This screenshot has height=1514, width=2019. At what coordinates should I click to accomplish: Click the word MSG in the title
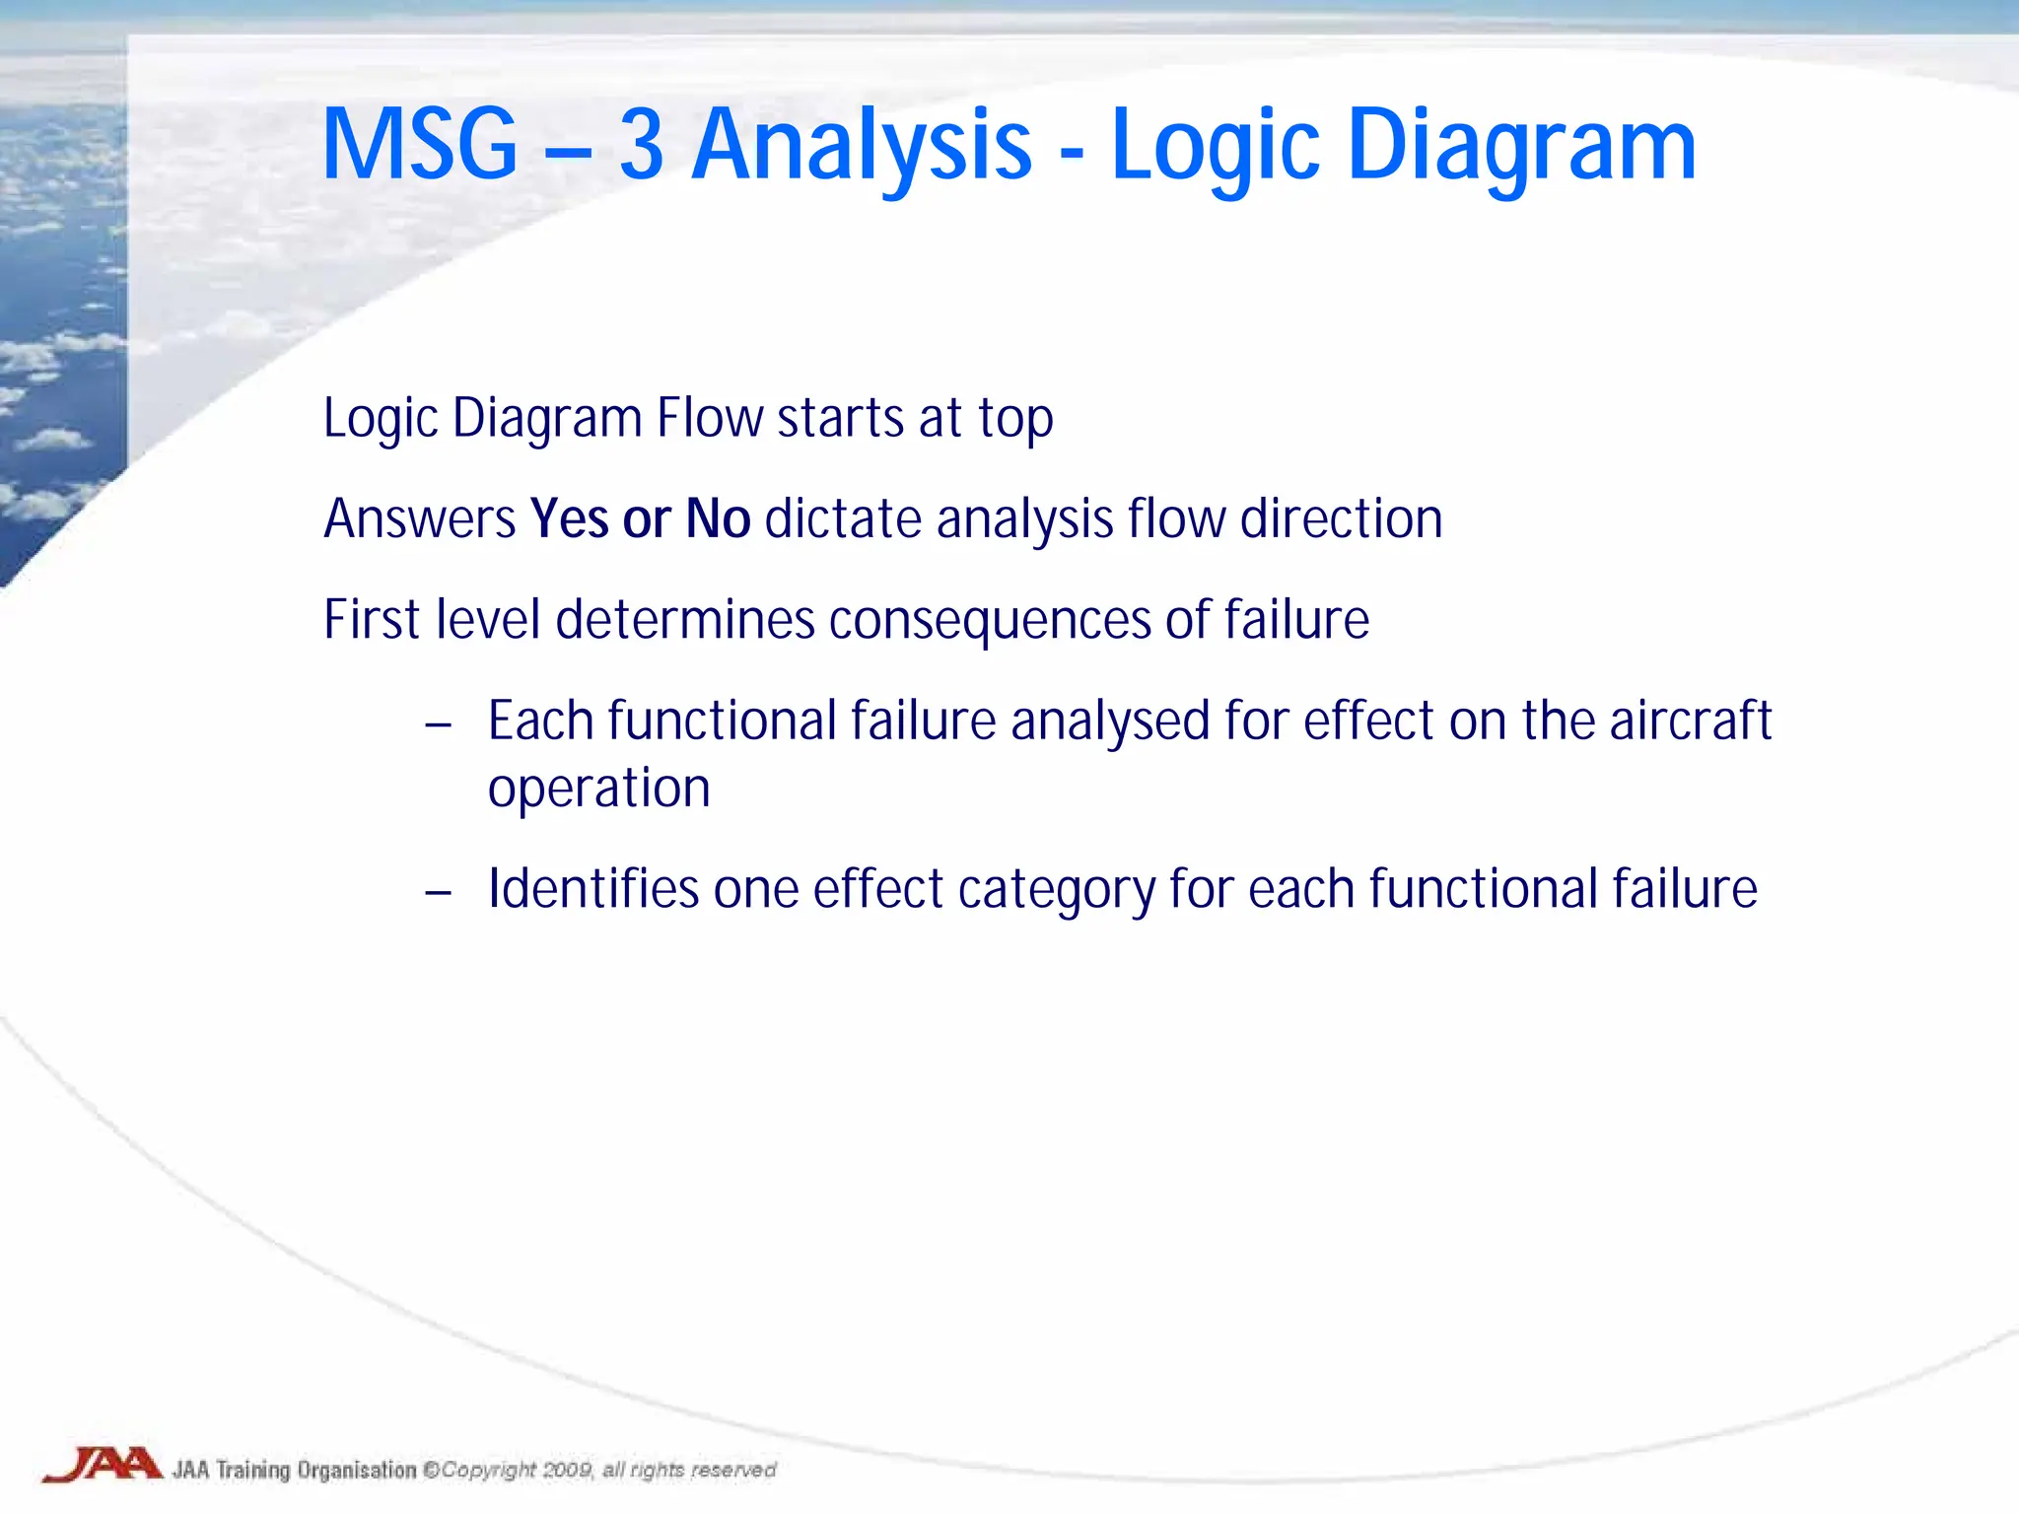point(420,146)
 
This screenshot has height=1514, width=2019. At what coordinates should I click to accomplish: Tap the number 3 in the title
point(642,146)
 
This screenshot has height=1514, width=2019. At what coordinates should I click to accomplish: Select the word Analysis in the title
point(862,146)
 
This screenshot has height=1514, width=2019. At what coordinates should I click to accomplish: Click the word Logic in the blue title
point(1215,146)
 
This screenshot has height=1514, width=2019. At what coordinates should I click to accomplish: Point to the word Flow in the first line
point(710,418)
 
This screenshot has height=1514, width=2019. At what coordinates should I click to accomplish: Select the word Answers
point(420,519)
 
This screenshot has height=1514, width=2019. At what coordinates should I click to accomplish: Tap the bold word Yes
point(569,519)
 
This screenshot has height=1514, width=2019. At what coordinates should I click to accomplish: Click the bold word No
point(718,519)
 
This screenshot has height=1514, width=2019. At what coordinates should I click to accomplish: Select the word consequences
point(990,620)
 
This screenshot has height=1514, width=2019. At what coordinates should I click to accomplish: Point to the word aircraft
point(1691,721)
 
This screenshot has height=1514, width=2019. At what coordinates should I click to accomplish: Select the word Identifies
point(593,889)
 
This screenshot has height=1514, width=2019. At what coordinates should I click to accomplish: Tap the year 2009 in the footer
point(567,1470)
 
